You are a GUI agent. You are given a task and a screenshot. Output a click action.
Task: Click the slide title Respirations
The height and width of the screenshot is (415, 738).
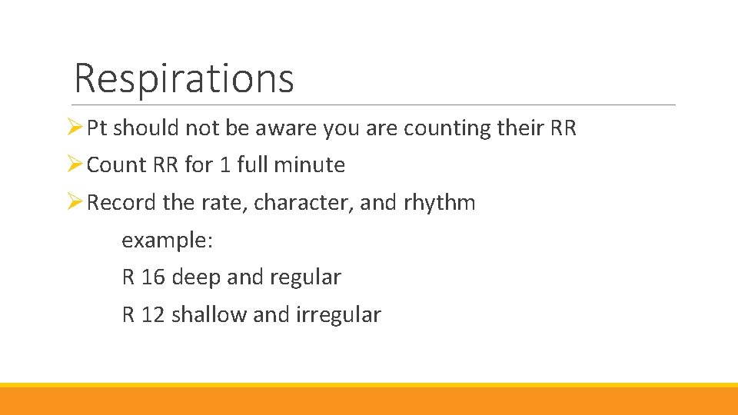pos(184,78)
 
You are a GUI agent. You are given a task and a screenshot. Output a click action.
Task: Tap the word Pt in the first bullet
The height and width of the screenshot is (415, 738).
pos(97,128)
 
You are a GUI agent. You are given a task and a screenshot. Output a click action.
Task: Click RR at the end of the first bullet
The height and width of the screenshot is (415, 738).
pos(563,128)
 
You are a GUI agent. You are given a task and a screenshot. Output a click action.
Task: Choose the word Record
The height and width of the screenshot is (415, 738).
pos(122,203)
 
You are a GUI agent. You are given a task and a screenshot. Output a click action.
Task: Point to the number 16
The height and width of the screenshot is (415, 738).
pos(153,277)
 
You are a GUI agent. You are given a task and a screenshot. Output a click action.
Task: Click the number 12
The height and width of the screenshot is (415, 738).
pos(153,315)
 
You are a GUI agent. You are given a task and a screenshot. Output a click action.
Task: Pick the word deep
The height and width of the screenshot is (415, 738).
pos(197,277)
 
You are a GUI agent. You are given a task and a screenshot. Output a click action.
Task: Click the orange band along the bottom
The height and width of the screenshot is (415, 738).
pos(369,401)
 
